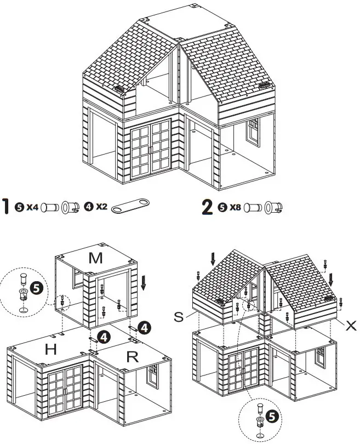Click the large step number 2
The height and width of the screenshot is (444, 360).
click(x=207, y=208)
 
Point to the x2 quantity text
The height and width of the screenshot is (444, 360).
click(x=101, y=208)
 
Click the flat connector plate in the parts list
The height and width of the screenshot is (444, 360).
click(x=130, y=208)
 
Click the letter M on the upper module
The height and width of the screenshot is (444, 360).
click(x=95, y=258)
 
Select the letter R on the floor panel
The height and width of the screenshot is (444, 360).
click(x=132, y=357)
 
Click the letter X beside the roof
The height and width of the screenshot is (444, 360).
click(x=351, y=325)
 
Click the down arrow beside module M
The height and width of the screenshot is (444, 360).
click(x=144, y=283)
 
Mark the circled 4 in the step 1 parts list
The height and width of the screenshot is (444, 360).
click(x=89, y=208)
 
